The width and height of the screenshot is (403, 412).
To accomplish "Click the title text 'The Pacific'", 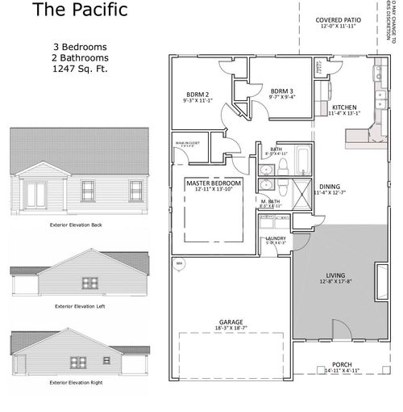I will (x=69, y=11).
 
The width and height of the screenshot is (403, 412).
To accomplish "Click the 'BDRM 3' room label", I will (x=281, y=90).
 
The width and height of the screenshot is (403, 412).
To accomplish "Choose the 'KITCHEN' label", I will (x=344, y=107).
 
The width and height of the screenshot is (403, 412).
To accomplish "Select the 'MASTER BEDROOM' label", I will (x=214, y=183).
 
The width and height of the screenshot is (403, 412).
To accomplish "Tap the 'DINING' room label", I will (x=330, y=185).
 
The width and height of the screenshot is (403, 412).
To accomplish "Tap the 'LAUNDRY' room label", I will (x=276, y=238).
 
